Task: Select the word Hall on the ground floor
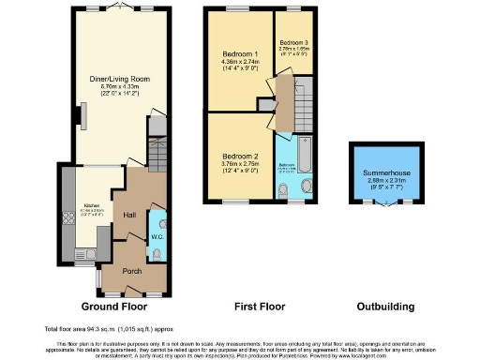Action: pos(128,215)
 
